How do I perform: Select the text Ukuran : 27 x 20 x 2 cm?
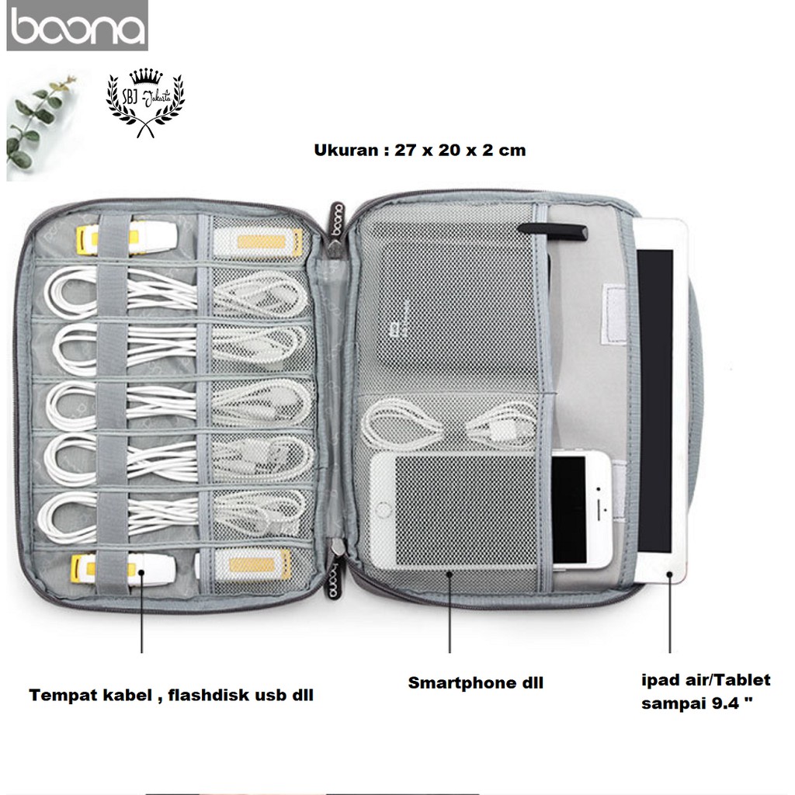(420, 150)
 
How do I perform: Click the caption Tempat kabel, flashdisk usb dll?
(172, 695)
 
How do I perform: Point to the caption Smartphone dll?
(476, 683)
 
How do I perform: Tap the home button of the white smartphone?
(382, 509)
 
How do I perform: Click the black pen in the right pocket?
(554, 229)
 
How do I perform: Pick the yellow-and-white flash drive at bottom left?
(116, 568)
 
